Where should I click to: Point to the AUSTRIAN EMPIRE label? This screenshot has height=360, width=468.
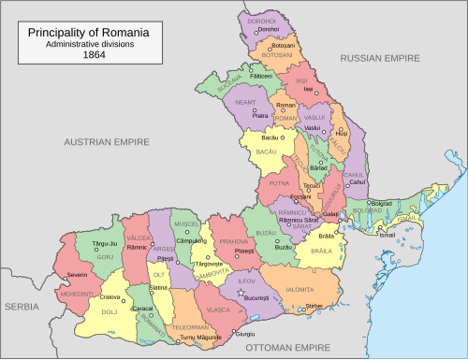(107, 142)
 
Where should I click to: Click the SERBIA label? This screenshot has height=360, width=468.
(21, 306)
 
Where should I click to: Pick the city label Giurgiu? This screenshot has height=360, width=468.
(245, 334)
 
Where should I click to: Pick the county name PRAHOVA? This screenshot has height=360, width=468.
(233, 242)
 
